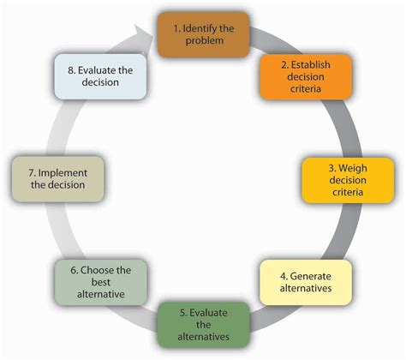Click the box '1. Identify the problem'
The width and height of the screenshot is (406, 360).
point(203,33)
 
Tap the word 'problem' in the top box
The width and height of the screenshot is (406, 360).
point(203,41)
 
